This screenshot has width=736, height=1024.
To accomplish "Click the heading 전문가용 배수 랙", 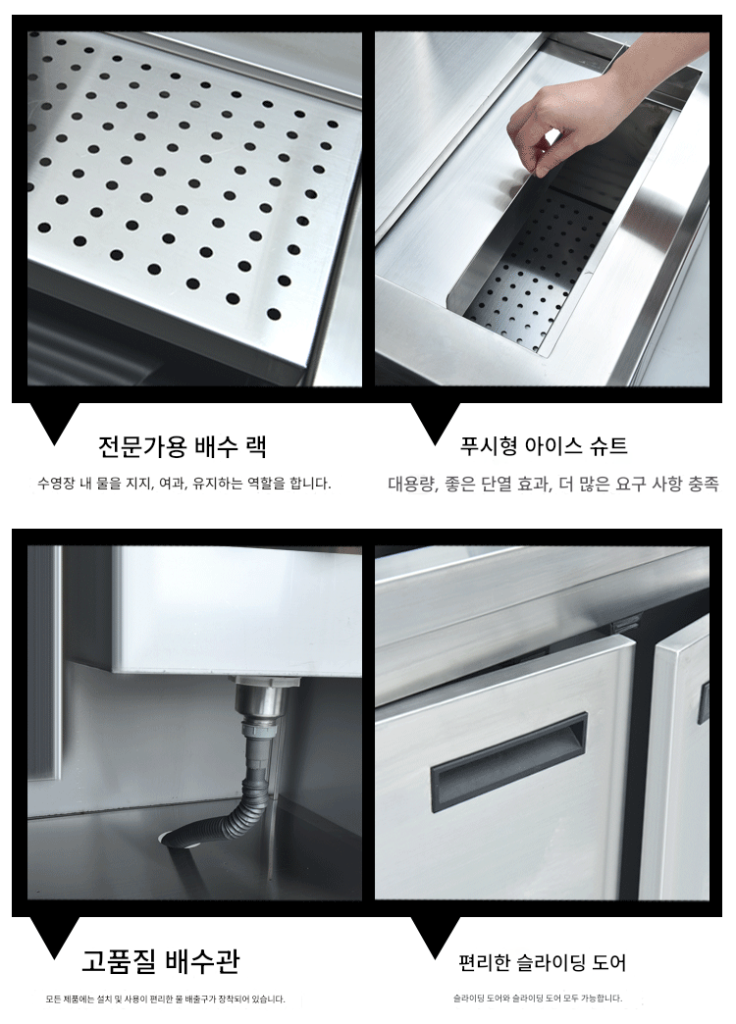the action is click(x=183, y=446).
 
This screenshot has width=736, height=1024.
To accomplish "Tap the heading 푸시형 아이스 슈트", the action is click(x=544, y=446).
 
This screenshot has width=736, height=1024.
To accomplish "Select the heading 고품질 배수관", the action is click(x=161, y=961).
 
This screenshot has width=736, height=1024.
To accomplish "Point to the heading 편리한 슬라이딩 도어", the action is click(x=542, y=962).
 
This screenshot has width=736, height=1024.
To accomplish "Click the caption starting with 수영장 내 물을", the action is click(x=184, y=484).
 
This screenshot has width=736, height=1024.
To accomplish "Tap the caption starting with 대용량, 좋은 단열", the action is click(x=552, y=484).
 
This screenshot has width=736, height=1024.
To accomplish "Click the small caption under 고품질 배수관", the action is click(x=166, y=999).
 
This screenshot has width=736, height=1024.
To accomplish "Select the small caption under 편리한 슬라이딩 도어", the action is click(x=538, y=998).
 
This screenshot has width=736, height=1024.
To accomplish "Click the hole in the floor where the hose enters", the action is click(x=182, y=840).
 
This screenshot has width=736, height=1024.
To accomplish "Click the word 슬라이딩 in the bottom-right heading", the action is click(x=551, y=962).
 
